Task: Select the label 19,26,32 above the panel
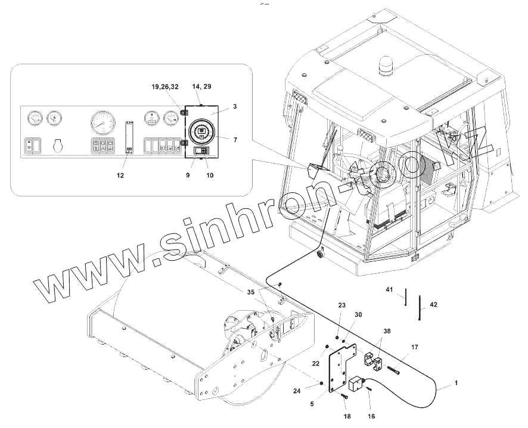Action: pos(165,88)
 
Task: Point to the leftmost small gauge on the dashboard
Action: pos(33,118)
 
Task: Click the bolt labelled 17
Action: pos(393,370)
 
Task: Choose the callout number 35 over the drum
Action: pos(251,292)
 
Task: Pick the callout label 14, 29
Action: pos(203,87)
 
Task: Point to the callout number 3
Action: pos(235,107)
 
